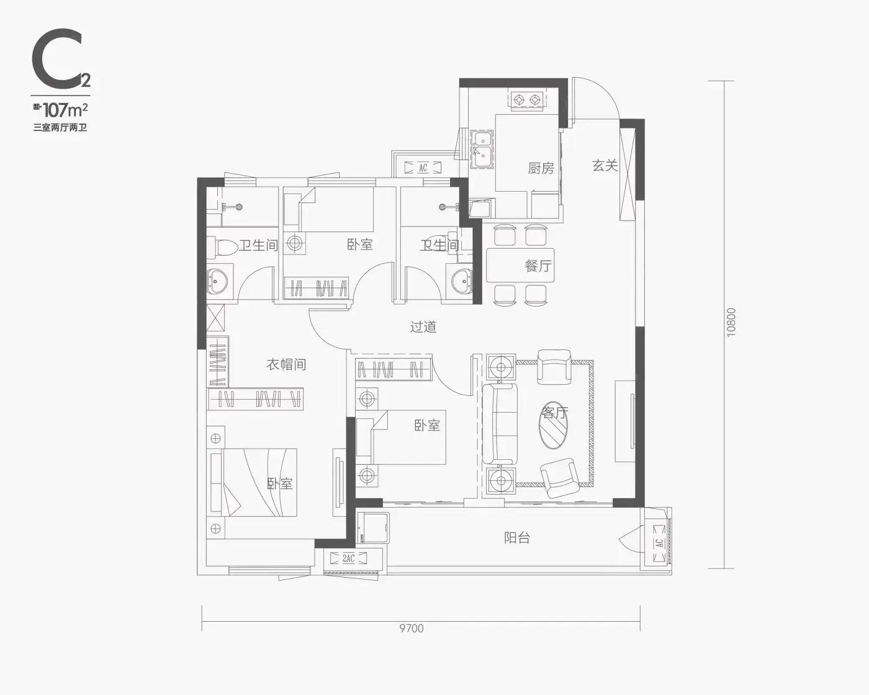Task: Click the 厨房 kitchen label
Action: pyautogui.click(x=541, y=168)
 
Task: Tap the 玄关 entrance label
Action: pyautogui.click(x=605, y=165)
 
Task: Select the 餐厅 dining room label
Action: pyautogui.click(x=538, y=266)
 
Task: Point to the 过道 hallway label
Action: pyautogui.click(x=423, y=326)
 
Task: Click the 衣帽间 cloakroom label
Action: pyautogui.click(x=286, y=365)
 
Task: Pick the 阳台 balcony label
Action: pyautogui.click(x=517, y=537)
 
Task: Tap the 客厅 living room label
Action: pyautogui.click(x=555, y=413)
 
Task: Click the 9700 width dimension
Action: pyautogui.click(x=412, y=629)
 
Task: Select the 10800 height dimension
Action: pyautogui.click(x=731, y=322)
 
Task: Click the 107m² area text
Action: pyautogui.click(x=66, y=109)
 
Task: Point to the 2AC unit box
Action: pyautogui.click(x=348, y=558)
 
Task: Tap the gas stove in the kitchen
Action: pyautogui.click(x=527, y=99)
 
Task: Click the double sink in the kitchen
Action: pyautogui.click(x=482, y=149)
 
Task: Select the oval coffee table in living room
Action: pyautogui.click(x=553, y=425)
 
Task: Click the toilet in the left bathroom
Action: pyautogui.click(x=222, y=246)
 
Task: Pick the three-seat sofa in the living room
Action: pyautogui.click(x=500, y=424)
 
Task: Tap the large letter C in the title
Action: pyautogui.click(x=57, y=58)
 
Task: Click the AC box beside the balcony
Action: pyautogui.click(x=659, y=543)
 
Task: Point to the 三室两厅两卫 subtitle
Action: pyautogui.click(x=60, y=128)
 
